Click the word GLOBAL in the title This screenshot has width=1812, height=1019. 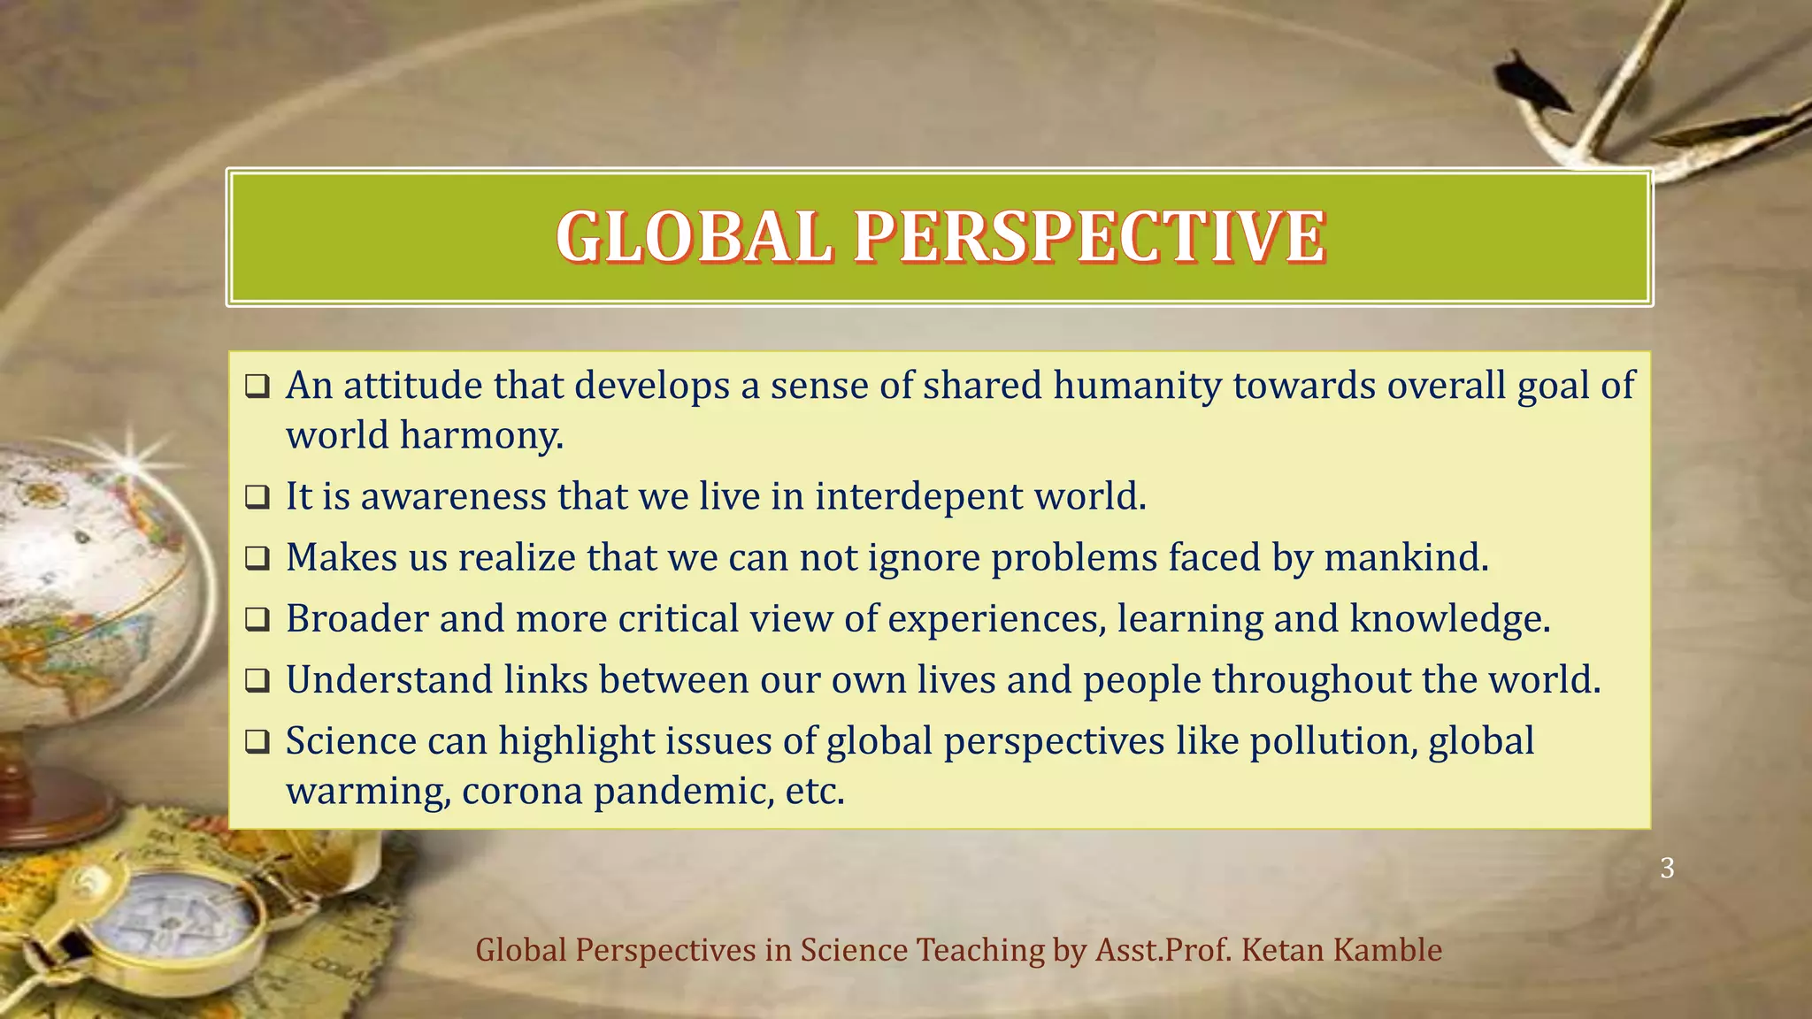point(694,237)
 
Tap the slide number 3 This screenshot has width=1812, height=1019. point(1667,868)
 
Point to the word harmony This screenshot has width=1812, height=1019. point(481,436)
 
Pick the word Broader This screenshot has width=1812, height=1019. point(357,618)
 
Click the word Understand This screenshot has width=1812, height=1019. point(390,680)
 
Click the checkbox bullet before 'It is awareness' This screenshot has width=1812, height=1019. point(257,498)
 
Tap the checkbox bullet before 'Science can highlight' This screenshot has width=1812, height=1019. point(257,742)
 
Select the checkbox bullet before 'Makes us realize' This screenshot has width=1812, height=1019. point(257,559)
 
